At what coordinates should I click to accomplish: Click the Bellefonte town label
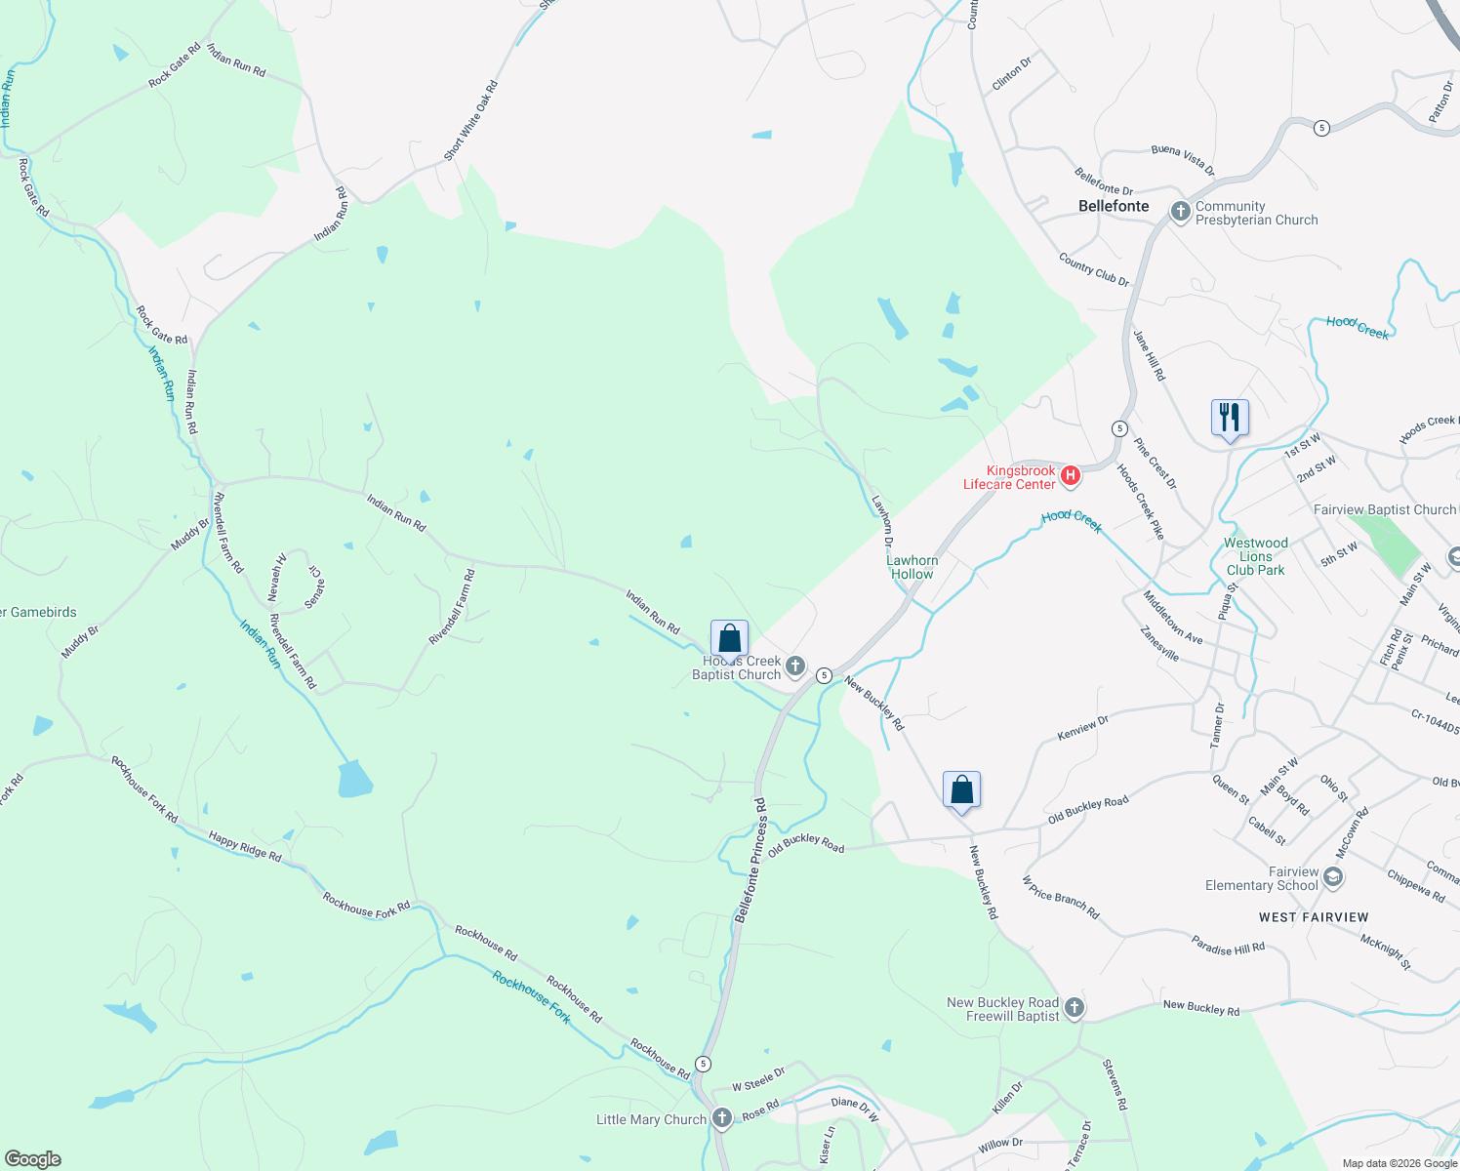1114,206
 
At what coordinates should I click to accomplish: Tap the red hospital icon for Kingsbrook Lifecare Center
1070,476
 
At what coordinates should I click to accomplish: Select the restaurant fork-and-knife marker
1230,418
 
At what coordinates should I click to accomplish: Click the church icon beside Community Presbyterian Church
1180,212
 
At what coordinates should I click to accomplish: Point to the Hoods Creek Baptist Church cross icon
795,667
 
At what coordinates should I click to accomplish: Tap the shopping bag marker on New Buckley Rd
961,789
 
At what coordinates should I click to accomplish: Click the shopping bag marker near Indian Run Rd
729,639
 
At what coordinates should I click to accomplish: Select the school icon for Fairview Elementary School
1333,877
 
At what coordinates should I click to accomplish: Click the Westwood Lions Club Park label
1255,556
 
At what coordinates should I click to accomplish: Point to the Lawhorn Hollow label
912,567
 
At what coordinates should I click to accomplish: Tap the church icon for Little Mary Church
721,1118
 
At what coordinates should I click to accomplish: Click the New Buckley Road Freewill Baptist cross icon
1075,1008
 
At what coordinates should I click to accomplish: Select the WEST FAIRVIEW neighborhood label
1314,917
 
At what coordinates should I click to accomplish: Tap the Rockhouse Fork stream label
531,997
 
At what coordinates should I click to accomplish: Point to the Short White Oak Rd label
470,121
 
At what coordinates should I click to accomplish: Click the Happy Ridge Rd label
245,846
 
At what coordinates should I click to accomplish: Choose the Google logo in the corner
33,1158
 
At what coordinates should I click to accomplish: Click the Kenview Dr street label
1083,728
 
